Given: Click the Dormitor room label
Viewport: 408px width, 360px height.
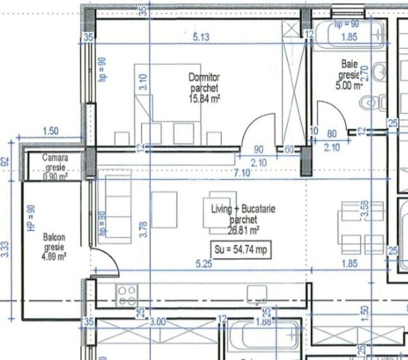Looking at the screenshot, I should click(204, 77).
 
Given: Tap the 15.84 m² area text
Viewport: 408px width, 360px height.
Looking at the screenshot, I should click(205, 98).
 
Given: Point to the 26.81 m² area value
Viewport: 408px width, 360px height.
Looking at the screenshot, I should click(244, 230).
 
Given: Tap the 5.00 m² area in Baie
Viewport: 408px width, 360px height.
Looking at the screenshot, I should click(350, 84).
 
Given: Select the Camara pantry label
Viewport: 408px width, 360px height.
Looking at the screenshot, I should click(55, 157).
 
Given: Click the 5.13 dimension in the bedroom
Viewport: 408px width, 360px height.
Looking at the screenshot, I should click(201, 37).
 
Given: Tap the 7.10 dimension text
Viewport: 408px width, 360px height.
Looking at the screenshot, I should click(242, 173).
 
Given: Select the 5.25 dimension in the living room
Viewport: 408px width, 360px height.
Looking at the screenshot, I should click(203, 263).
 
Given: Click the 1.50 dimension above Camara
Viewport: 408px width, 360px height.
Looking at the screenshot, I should click(50, 131).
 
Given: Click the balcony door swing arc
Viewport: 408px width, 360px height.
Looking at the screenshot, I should click(106, 256).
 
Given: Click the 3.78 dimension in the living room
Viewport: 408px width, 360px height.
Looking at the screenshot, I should click(143, 228).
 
